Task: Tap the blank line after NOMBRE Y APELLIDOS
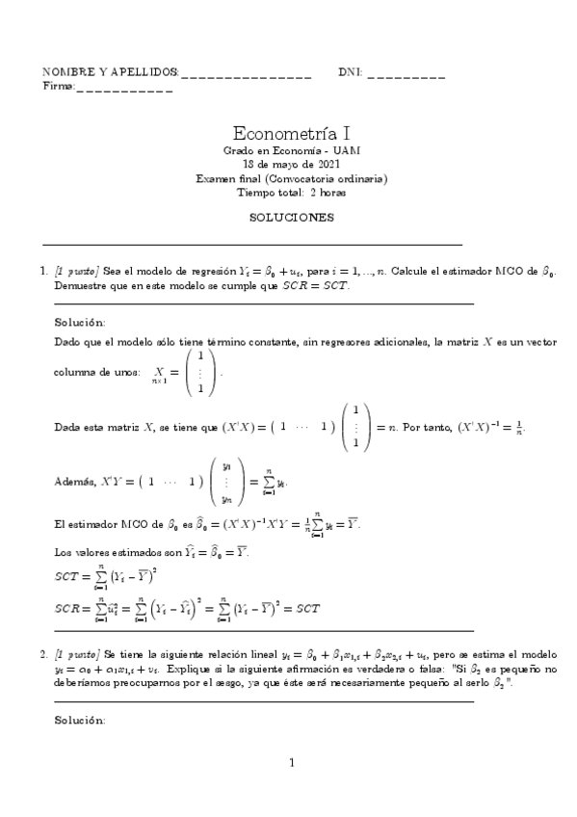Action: pyautogui.click(x=246, y=74)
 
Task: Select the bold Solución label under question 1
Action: pyautogui.click(x=80, y=322)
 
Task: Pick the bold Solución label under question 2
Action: pyautogui.click(x=80, y=720)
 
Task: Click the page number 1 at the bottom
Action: pyautogui.click(x=290, y=764)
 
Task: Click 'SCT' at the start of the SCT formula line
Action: pyautogui.click(x=66, y=578)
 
